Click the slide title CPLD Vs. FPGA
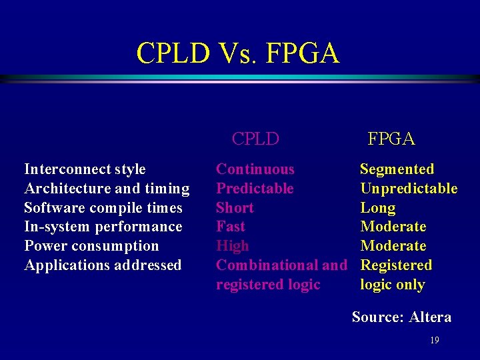pyautogui.click(x=238, y=53)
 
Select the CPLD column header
pyautogui.click(x=255, y=139)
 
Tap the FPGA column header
pyautogui.click(x=391, y=139)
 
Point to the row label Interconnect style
pyautogui.click(x=85, y=169)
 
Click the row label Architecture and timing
pyautogui.click(x=107, y=189)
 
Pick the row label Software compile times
pyautogui.click(x=103, y=208)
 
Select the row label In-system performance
pyautogui.click(x=103, y=227)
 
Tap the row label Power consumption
pyautogui.click(x=91, y=246)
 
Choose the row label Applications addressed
pyautogui.click(x=103, y=265)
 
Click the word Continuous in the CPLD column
pyautogui.click(x=255, y=169)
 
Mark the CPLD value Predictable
pyautogui.click(x=255, y=189)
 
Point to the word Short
pyautogui.click(x=235, y=208)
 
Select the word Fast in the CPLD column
pyautogui.click(x=231, y=227)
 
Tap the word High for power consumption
pyautogui.click(x=232, y=246)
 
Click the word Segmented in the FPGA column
pyautogui.click(x=397, y=169)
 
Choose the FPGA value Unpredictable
pyautogui.click(x=409, y=189)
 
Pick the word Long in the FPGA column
pyautogui.click(x=377, y=208)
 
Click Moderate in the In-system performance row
pyautogui.click(x=393, y=227)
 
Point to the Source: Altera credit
pyautogui.click(x=401, y=317)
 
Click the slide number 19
pyautogui.click(x=435, y=341)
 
